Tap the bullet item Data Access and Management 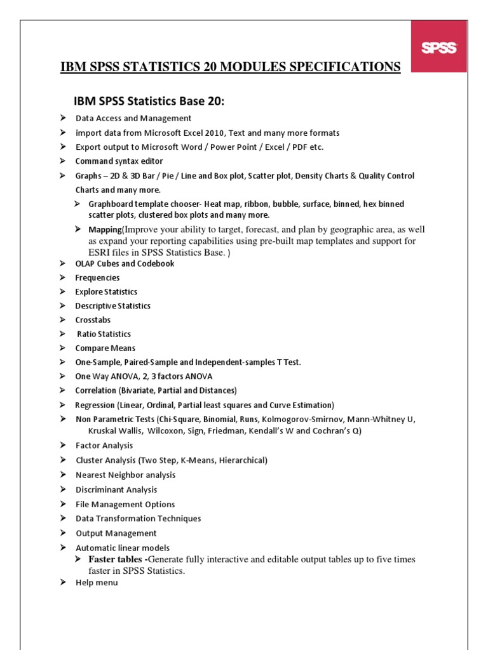(x=133, y=118)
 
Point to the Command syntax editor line (x=119, y=161)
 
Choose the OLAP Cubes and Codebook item (x=125, y=263)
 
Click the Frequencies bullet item (x=97, y=278)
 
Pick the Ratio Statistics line (x=104, y=334)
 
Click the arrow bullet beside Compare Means (x=63, y=348)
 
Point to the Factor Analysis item (x=104, y=446)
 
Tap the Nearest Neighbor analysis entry (x=126, y=475)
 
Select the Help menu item (x=97, y=582)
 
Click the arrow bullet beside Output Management (x=63, y=533)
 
